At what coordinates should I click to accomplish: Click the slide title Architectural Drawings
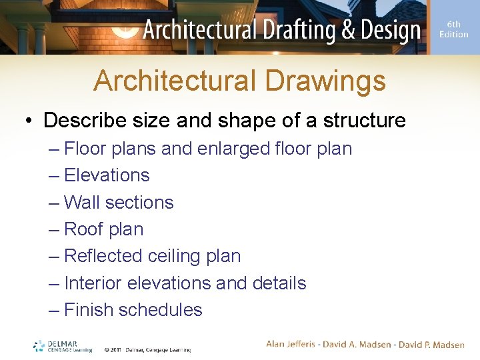click(x=239, y=81)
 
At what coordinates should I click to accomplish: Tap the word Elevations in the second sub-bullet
click(x=107, y=175)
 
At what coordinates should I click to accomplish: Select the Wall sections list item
click(x=119, y=202)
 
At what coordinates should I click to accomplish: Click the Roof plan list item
click(x=103, y=229)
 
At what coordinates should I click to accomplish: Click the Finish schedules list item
click(x=133, y=310)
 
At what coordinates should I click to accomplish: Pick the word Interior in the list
click(x=93, y=283)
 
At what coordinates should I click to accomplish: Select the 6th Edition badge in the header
click(x=453, y=29)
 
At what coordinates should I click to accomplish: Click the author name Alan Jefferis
click(x=293, y=345)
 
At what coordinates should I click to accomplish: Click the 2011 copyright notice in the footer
click(x=147, y=349)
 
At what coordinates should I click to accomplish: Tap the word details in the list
click(x=279, y=283)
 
